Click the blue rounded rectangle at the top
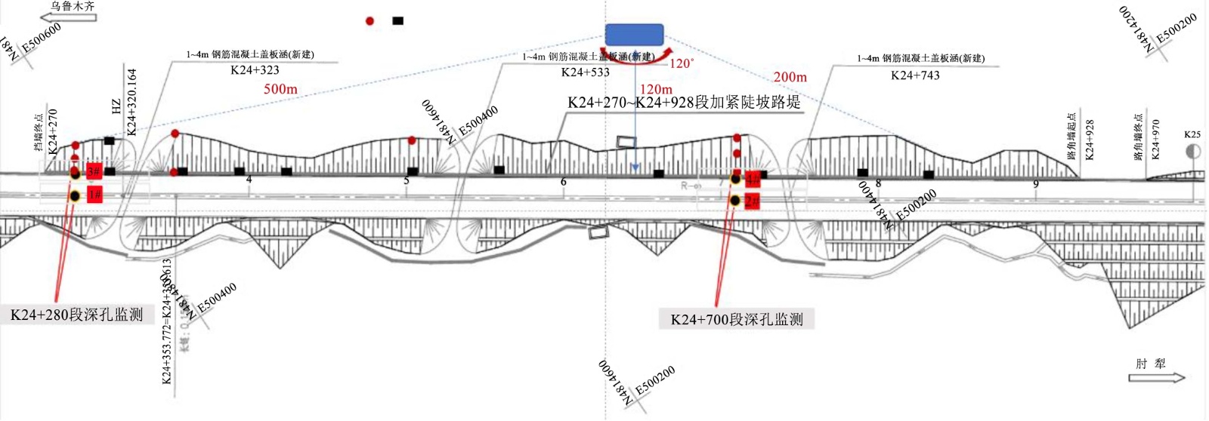pyautogui.click(x=634, y=34)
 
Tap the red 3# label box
pyautogui.click(x=94, y=172)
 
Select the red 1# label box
pyautogui.click(x=94, y=195)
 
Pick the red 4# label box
pyautogui.click(x=753, y=179)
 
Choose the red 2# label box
pyautogui.click(x=752, y=201)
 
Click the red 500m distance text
pyautogui.click(x=280, y=89)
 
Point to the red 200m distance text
pyautogui.click(x=790, y=77)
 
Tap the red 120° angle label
pyautogui.click(x=682, y=63)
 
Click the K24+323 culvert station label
pyautogui.click(x=255, y=70)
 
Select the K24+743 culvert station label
pyautogui.click(x=915, y=75)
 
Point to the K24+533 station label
pyautogui.click(x=585, y=72)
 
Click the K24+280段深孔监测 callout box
pyautogui.click(x=76, y=315)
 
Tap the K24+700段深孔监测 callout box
pyautogui.click(x=737, y=319)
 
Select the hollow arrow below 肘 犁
pyautogui.click(x=1157, y=377)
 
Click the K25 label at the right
pyautogui.click(x=1192, y=134)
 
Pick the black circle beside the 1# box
pyautogui.click(x=75, y=197)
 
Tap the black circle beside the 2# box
pyautogui.click(x=735, y=201)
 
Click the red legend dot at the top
pyautogui.click(x=370, y=21)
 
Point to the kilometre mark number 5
pyautogui.click(x=407, y=180)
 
